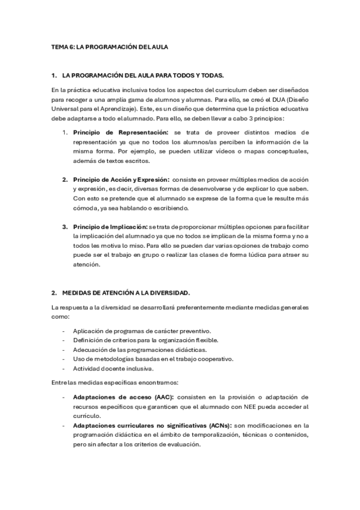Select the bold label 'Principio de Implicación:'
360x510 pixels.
point(110,227)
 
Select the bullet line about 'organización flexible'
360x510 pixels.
point(145,340)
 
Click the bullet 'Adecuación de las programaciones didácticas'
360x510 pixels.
point(139,349)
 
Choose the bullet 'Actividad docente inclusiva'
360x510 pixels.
point(113,369)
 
